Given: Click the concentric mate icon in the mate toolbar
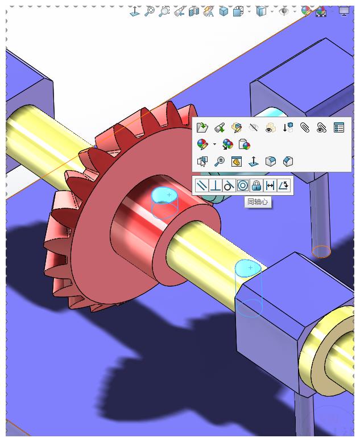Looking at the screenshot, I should (x=243, y=185).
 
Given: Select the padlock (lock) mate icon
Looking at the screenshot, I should (x=256, y=185).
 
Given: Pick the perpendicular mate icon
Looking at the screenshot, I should (x=215, y=185).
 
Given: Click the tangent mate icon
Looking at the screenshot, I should (x=229, y=185).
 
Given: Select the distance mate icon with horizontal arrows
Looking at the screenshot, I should (x=270, y=185).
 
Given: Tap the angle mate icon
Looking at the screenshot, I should (x=284, y=185).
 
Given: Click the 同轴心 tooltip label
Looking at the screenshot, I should (x=258, y=201).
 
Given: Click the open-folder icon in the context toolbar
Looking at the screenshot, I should (x=202, y=127).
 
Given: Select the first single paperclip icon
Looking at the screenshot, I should (x=305, y=127).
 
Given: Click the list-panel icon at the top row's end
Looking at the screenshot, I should (x=339, y=127).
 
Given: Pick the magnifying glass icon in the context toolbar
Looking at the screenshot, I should (x=220, y=162).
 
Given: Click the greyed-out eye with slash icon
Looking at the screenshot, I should (x=254, y=127).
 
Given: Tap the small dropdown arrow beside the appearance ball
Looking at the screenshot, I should (x=214, y=144).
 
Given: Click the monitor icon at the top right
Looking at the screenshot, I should (x=344, y=11).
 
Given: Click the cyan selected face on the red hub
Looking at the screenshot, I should (x=164, y=195).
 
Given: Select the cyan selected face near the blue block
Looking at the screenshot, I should (x=248, y=267).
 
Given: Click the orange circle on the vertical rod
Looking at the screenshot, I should (x=321, y=251).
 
